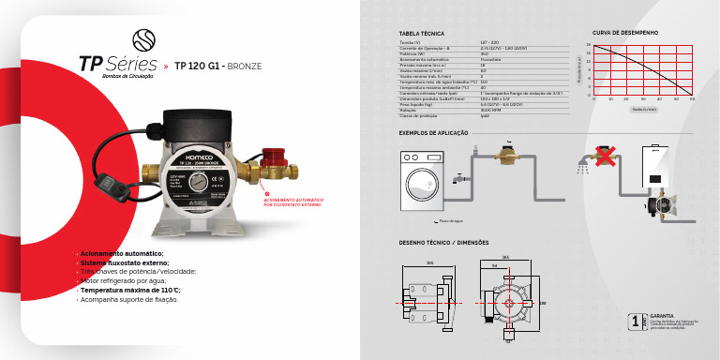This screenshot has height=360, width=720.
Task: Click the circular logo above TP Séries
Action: (x=143, y=39)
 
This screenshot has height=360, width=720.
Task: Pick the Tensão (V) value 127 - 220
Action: (x=489, y=42)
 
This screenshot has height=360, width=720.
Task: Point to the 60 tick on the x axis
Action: (x=692, y=98)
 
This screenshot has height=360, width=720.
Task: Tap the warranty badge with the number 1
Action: (x=637, y=321)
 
